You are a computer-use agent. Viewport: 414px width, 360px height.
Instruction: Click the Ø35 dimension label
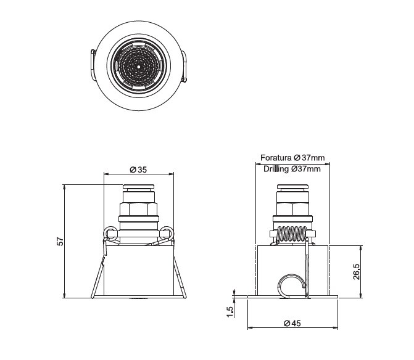(138, 170)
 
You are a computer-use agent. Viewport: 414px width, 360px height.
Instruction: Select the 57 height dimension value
(60, 241)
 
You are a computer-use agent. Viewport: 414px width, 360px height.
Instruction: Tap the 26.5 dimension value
(356, 271)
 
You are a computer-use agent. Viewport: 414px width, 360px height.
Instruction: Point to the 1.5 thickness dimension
(230, 312)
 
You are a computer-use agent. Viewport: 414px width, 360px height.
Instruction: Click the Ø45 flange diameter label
(292, 323)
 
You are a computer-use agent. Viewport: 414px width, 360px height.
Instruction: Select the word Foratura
(276, 158)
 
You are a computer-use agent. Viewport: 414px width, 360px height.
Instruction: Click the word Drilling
(276, 169)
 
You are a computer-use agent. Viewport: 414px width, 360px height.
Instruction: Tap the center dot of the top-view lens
(139, 67)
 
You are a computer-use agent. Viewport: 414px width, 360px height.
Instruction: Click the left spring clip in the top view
(93, 65)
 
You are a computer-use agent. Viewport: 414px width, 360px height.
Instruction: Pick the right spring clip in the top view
(184, 66)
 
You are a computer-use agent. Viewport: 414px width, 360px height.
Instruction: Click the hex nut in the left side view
(139, 209)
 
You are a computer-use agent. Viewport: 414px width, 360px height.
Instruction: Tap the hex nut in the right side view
(292, 209)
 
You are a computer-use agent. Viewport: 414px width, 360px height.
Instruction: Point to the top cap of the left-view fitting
(139, 186)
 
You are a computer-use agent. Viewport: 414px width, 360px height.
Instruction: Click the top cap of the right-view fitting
(292, 186)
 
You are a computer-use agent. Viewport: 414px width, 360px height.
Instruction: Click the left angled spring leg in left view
(97, 277)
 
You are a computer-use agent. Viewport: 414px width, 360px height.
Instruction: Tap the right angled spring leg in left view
(180, 277)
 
